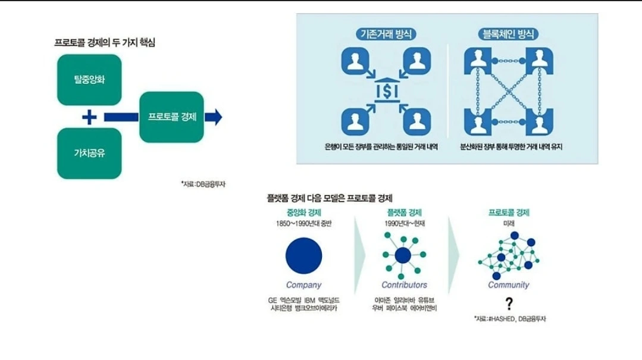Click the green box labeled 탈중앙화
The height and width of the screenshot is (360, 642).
pyautogui.click(x=89, y=80)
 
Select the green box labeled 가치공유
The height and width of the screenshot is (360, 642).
pyautogui.click(x=89, y=153)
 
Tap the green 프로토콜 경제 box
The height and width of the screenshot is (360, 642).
pyautogui.click(x=172, y=116)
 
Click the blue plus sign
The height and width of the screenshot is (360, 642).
pyautogui.click(x=89, y=117)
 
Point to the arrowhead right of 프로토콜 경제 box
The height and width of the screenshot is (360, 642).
pyautogui.click(x=216, y=117)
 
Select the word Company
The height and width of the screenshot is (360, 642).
pyautogui.click(x=303, y=285)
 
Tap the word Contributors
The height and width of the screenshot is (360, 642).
pyautogui.click(x=404, y=285)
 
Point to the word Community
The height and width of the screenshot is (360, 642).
pyautogui.click(x=508, y=285)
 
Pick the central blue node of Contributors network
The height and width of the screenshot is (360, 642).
pyautogui.click(x=403, y=256)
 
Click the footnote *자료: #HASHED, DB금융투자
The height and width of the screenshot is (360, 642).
pyautogui.click(x=510, y=319)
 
